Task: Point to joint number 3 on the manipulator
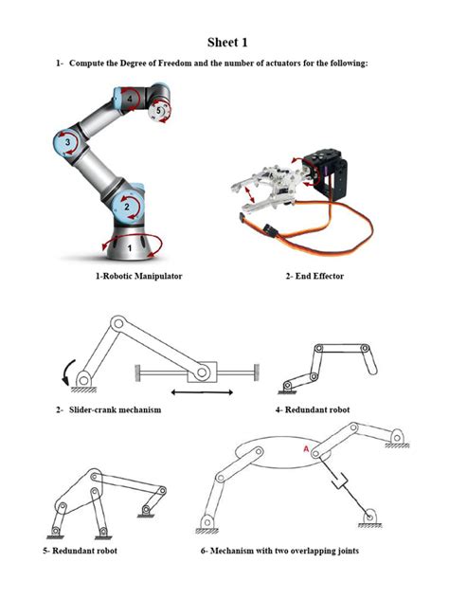(66, 142)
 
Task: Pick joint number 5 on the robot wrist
(159, 110)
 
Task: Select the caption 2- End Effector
(314, 276)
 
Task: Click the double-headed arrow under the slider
(202, 390)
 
